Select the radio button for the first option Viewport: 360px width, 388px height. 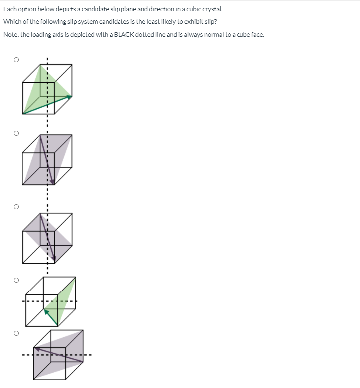pos(16,60)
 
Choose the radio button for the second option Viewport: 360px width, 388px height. pos(16,133)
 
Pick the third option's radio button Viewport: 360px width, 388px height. pos(16,206)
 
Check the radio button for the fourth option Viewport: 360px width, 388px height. pos(16,280)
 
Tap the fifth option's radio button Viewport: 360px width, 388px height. pos(16,333)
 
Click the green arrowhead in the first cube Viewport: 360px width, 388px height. pos(70,97)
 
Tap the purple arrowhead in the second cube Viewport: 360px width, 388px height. pos(52,182)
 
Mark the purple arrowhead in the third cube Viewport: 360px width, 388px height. pos(54,259)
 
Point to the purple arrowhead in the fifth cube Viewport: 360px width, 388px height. pos(37,349)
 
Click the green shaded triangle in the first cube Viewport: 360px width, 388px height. pos(42,90)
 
